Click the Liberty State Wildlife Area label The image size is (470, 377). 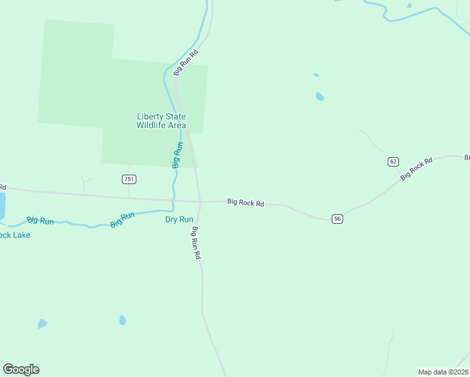[161, 121]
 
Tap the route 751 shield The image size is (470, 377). [129, 179]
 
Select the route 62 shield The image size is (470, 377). [393, 161]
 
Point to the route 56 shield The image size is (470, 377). [337, 219]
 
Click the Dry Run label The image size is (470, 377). [179, 219]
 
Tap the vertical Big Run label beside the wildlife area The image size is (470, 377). [177, 155]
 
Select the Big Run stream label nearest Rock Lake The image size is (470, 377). [40, 221]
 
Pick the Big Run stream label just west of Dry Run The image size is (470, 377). [123, 219]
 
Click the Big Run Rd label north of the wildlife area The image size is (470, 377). [186, 62]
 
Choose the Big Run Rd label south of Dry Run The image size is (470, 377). [197, 243]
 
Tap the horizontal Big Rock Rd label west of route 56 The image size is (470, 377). [246, 202]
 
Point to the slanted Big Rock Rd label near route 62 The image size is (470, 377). [417, 170]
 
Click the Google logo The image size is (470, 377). [21, 369]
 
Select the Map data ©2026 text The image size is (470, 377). [443, 372]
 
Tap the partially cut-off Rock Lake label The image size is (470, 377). [14, 235]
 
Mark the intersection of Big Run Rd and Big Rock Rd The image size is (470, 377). [200, 202]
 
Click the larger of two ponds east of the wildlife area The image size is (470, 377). [320, 96]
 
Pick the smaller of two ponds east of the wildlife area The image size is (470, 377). [315, 75]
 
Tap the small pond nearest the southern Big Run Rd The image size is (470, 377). [123, 320]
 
